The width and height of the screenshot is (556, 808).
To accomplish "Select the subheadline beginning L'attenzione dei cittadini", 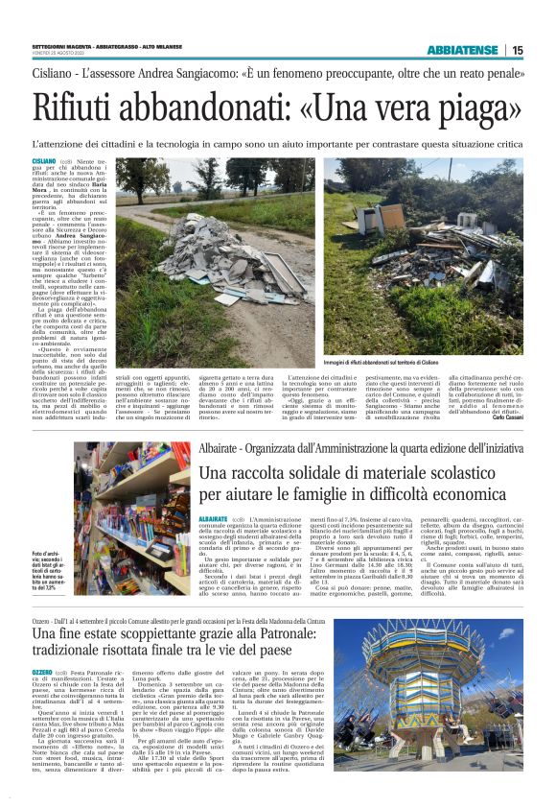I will point(278,142).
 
